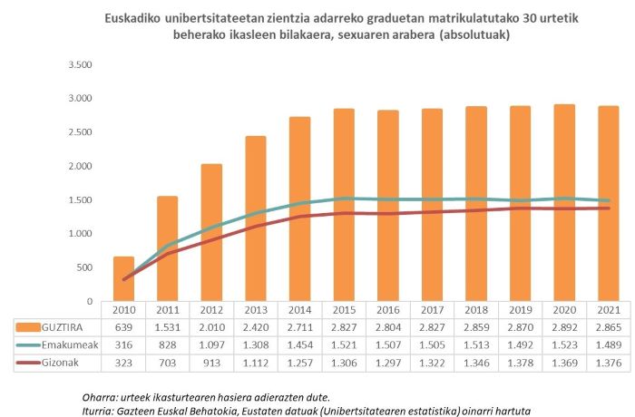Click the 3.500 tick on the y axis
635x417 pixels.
click(x=82, y=65)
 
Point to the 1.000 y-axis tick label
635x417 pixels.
click(x=82, y=234)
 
